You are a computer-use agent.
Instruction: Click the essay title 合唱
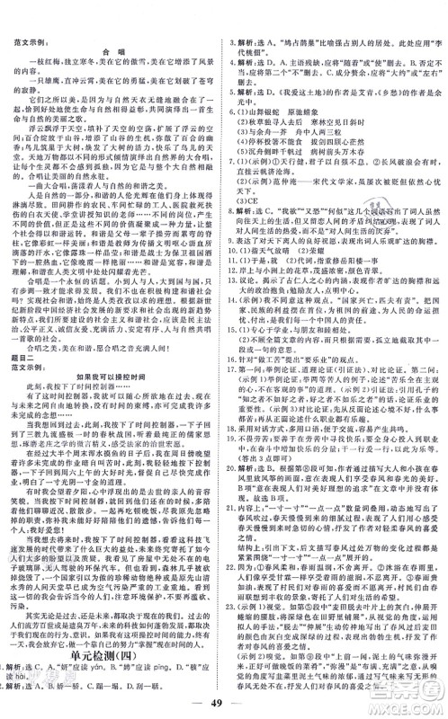click(x=112, y=49)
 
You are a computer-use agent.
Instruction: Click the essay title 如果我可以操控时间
click(x=112, y=368)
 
